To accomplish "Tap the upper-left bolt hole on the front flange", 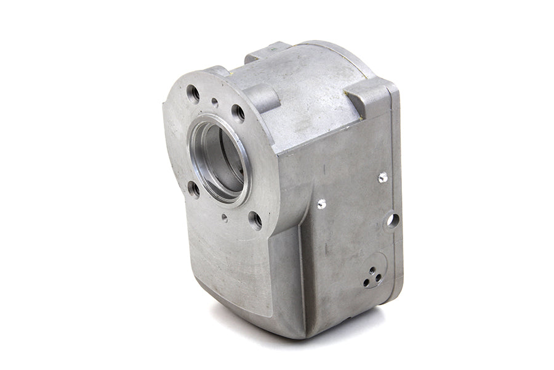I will point(193,94).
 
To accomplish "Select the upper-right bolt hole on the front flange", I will point(238,112).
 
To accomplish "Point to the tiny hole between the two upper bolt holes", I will point(214,102).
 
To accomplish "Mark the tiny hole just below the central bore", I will point(224,217).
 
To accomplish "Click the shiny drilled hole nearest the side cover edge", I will point(382,177).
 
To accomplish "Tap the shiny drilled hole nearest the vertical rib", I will point(321,203).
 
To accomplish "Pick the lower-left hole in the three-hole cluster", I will point(367,283).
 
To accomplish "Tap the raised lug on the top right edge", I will point(367,99).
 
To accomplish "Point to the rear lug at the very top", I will point(268,51).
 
